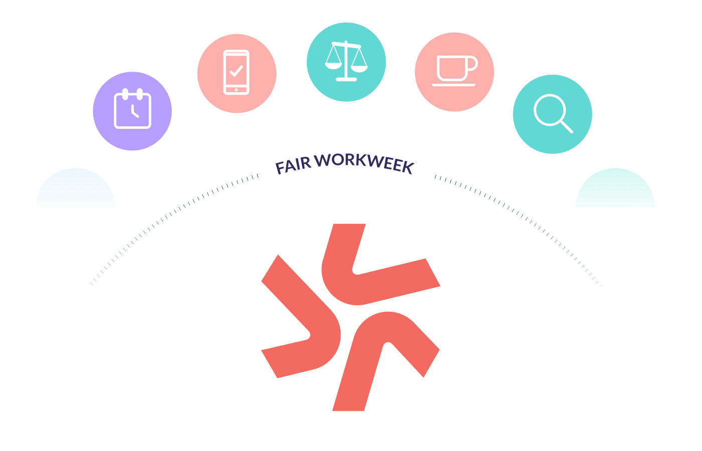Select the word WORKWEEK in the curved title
coord(365,162)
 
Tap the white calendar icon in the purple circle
coord(132,109)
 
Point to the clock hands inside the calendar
coord(134,112)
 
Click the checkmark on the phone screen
coord(236,71)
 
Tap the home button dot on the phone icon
coord(236,90)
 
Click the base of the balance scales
coord(346,79)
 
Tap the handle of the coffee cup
coord(472,65)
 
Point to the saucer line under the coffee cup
coord(454,85)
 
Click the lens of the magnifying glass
coord(549,110)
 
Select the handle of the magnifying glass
coord(567,127)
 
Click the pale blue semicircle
coord(75,190)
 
